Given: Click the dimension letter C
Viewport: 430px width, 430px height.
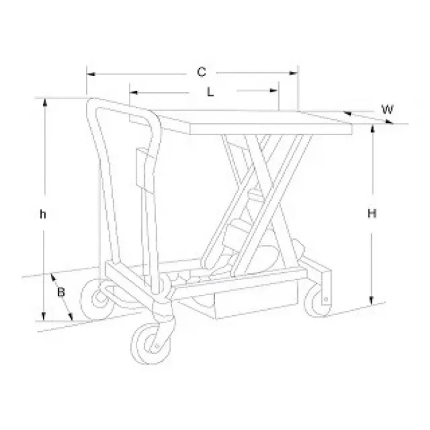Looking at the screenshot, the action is coord(201,72).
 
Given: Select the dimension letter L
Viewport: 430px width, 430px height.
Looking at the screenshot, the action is coord(210,92).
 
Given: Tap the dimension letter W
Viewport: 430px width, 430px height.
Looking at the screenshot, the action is coord(388,109).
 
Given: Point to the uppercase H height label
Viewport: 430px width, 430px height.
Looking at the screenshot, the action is coord(372,213).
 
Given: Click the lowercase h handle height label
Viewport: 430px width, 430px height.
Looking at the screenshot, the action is coord(43,214).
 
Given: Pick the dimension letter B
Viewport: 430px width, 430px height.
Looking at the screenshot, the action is coord(61,292).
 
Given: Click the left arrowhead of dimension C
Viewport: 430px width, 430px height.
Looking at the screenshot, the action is coord(91,74).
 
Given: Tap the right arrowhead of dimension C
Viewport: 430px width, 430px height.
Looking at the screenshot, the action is coord(294,73).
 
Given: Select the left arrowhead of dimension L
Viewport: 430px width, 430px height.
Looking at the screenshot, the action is coord(133,92).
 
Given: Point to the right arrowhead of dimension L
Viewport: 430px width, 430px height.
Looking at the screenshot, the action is coord(275,90).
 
